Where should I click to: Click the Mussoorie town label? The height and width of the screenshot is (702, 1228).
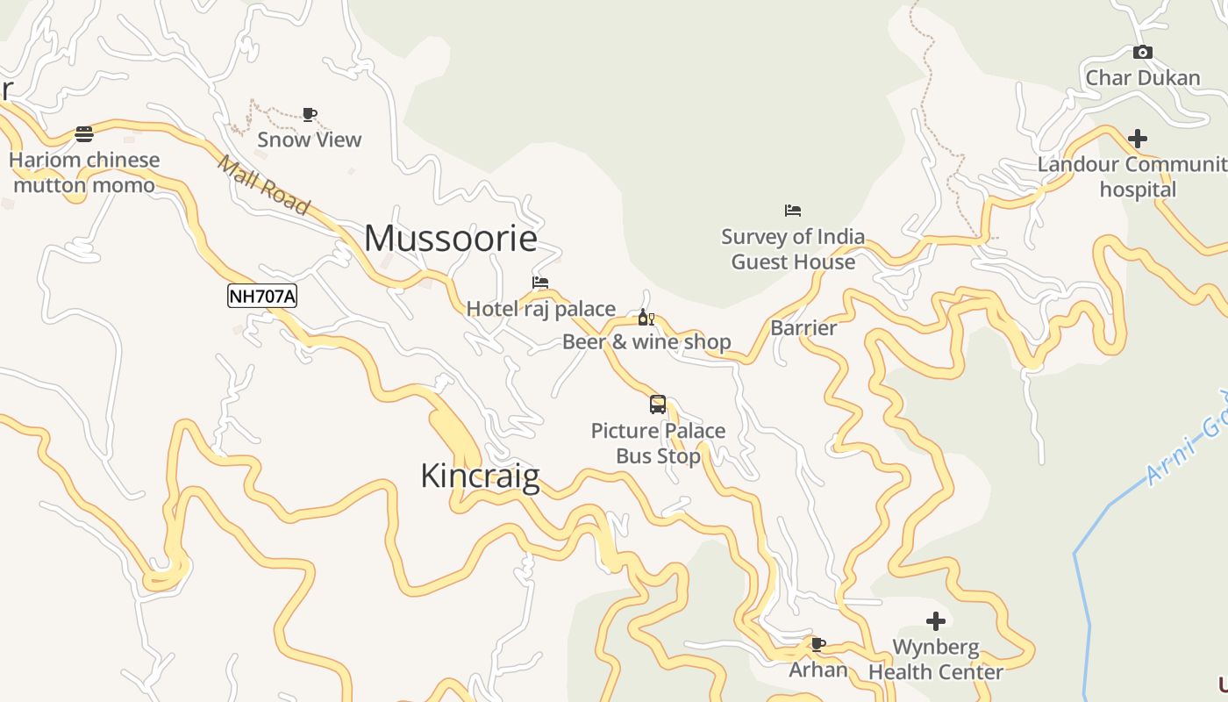click(450, 239)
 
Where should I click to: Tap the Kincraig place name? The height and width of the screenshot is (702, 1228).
click(480, 476)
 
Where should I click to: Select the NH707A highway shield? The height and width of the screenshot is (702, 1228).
click(262, 297)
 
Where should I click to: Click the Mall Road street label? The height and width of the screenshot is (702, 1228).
click(263, 185)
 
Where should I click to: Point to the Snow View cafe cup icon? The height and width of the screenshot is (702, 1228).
click(309, 114)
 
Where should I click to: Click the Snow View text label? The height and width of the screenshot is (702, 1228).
click(309, 140)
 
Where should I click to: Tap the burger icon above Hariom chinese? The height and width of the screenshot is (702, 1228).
click(84, 134)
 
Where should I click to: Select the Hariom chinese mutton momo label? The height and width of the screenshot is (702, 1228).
click(84, 173)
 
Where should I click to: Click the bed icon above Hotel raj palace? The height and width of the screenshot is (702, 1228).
click(540, 283)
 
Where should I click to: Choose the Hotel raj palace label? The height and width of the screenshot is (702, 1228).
click(540, 309)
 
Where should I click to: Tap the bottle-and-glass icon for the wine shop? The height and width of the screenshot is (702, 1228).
click(646, 317)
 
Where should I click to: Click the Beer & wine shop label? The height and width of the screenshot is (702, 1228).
click(646, 342)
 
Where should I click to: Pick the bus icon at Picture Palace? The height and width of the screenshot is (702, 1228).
click(658, 405)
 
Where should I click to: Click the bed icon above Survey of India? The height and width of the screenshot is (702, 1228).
click(793, 211)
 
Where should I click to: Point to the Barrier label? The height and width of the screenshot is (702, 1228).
click(803, 328)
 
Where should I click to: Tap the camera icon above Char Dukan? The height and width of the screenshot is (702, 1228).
click(1142, 53)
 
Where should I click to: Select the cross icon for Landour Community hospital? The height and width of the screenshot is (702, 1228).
click(1138, 139)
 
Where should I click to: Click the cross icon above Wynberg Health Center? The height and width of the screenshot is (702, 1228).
click(936, 621)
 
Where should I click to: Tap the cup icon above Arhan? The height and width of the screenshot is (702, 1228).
click(818, 645)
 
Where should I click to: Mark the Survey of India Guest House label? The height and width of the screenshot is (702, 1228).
click(793, 249)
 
